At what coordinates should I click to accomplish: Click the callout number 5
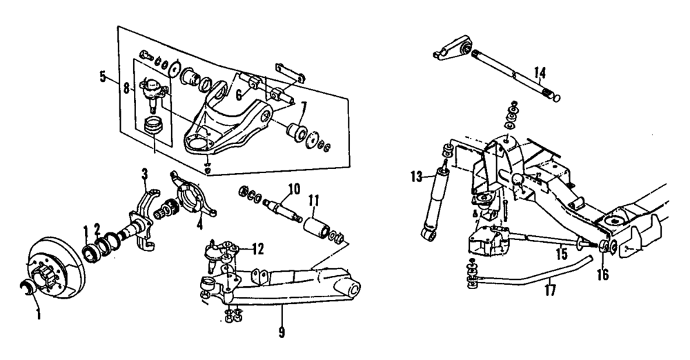point(103,76)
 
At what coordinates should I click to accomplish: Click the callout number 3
point(145,172)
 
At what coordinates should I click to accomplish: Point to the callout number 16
point(604,274)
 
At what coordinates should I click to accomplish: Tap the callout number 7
point(303,108)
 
